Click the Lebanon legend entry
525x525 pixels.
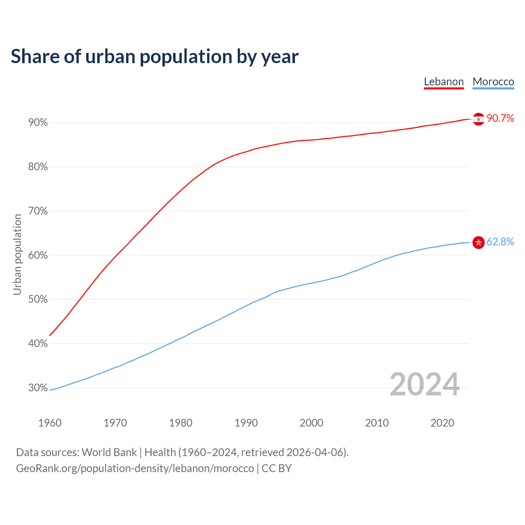[x=444, y=82]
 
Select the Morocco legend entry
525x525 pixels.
[x=493, y=82]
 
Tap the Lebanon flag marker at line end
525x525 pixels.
[x=478, y=119]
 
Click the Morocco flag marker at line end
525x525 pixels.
[x=478, y=242]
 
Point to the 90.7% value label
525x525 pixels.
[x=500, y=119]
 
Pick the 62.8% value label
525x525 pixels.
[x=500, y=242]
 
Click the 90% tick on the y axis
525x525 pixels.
[x=38, y=123]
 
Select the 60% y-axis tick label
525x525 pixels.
[x=38, y=255]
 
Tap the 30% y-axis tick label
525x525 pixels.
[x=38, y=388]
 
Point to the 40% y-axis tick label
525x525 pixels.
[x=38, y=344]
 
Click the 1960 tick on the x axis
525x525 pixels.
[x=50, y=423]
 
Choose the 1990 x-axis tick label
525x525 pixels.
[x=246, y=423]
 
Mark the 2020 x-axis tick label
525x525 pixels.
[x=442, y=423]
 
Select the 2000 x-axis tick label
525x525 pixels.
[x=311, y=423]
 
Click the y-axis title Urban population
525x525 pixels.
[x=17, y=255]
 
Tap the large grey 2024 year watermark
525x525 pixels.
[x=425, y=385]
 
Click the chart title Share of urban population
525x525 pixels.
[x=155, y=57]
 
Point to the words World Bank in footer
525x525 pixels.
[x=109, y=452]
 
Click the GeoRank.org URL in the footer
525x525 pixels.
[x=135, y=468]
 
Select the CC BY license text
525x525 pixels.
[x=276, y=468]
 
